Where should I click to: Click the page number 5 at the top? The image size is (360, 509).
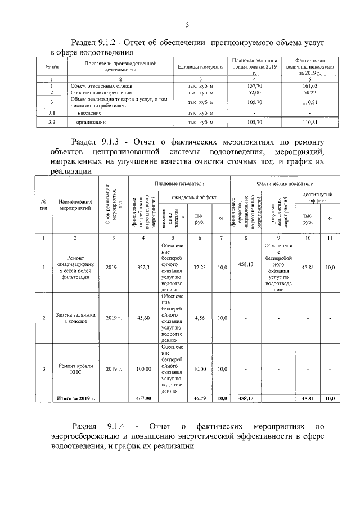[x=186, y=24]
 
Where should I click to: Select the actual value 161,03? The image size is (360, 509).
[x=309, y=85]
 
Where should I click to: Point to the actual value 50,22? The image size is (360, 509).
[x=309, y=92]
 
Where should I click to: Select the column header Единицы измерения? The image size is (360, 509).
[x=200, y=67]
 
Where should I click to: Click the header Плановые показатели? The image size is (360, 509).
[x=179, y=184]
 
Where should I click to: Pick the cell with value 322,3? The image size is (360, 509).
[x=143, y=268]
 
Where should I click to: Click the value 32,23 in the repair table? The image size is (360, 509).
[x=200, y=268]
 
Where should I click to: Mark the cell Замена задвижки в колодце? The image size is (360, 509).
[x=75, y=318]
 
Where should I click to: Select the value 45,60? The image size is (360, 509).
[x=143, y=318]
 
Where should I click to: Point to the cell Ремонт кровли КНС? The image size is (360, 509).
[x=75, y=369]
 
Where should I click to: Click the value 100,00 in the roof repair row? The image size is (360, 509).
[x=143, y=369]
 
